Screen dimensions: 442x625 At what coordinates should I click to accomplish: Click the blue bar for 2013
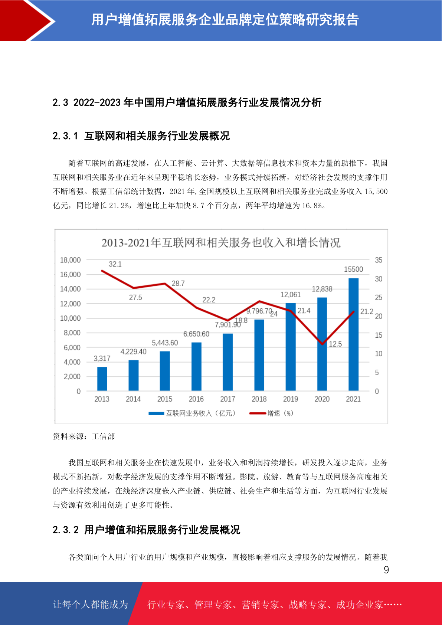[x=102, y=379]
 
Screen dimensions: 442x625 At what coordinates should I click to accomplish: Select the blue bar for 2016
[x=196, y=366]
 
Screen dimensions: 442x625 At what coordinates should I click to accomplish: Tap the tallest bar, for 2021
[x=353, y=334]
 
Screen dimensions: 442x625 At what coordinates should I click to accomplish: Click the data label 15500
[x=353, y=269]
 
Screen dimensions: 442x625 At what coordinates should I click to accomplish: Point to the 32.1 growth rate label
[x=115, y=264]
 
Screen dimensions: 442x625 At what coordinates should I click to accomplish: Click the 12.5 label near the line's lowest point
[x=335, y=344]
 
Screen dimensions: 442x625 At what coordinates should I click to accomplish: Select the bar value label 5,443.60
[x=165, y=343]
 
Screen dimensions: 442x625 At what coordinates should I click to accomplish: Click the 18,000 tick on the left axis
[x=70, y=260]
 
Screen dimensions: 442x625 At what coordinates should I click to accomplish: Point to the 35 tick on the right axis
[x=379, y=260]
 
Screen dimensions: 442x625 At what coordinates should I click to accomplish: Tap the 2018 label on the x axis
[x=259, y=399]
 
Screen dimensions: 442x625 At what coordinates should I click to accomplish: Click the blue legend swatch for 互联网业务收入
[x=156, y=413]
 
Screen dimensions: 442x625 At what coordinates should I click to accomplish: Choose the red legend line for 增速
[x=257, y=413]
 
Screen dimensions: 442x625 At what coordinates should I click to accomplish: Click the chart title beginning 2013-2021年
[x=221, y=243]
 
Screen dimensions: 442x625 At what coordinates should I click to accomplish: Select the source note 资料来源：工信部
[x=84, y=436]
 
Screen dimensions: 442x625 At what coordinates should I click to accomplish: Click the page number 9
[x=386, y=570]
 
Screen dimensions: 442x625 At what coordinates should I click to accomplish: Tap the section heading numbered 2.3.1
[x=141, y=136]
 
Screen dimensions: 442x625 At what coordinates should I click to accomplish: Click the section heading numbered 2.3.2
[x=146, y=530]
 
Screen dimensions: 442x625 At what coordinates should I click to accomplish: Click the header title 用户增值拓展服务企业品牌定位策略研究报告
[x=225, y=20]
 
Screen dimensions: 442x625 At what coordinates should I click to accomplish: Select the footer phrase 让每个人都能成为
[x=91, y=604]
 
